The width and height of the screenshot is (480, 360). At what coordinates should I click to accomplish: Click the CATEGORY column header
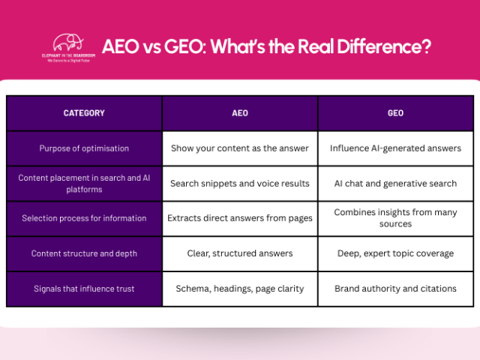point(84,113)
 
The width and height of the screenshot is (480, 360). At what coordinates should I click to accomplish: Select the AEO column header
point(240,113)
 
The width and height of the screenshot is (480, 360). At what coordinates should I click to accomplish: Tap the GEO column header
point(395,113)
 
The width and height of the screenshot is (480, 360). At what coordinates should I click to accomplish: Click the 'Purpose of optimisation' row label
point(84,148)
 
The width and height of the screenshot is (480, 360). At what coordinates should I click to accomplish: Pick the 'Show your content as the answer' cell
point(240,148)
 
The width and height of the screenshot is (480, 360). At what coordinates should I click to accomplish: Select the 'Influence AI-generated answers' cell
point(395,148)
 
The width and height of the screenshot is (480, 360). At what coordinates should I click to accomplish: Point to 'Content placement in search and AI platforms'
point(84,183)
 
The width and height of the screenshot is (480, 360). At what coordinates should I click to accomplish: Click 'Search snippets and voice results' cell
point(240,183)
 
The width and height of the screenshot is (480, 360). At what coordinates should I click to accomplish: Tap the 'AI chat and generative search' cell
point(395,183)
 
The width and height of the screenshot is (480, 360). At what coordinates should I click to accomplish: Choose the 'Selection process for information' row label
point(84,218)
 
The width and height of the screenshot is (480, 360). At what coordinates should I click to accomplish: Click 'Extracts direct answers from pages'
point(240,218)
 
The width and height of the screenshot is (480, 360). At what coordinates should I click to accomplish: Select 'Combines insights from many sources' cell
point(395,218)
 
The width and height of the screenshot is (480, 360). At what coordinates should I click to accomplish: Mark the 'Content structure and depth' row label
point(84,253)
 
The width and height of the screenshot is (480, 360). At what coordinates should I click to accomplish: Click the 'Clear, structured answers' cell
point(240,253)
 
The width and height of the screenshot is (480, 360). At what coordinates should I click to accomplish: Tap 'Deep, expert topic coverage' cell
point(395,253)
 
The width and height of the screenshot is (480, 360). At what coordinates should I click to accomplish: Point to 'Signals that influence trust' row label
point(84,289)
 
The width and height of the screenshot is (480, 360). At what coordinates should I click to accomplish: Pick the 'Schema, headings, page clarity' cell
point(240,289)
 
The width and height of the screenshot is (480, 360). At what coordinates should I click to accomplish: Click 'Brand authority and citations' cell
point(395,289)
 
